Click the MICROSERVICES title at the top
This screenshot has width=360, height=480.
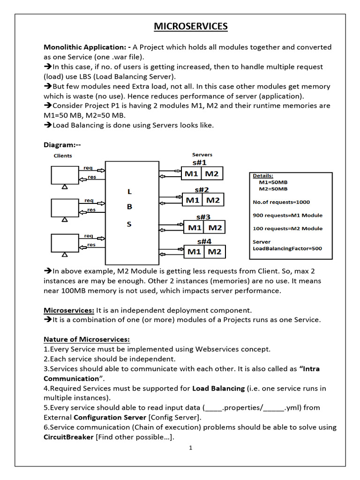(x=191, y=26)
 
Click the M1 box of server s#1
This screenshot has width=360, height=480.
(x=191, y=173)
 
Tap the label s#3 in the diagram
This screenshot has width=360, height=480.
(x=203, y=217)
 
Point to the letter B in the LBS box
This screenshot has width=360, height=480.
(x=129, y=206)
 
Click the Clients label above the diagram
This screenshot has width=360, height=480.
(x=63, y=156)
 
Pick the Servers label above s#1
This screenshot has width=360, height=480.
(x=202, y=154)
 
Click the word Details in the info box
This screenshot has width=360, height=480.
(x=262, y=175)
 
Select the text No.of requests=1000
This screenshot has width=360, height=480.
(x=281, y=202)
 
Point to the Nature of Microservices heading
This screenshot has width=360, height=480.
(x=87, y=339)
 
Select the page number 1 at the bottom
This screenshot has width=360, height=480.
(x=191, y=448)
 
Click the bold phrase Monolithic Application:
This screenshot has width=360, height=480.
(x=87, y=47)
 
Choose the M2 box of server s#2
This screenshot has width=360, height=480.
(x=213, y=200)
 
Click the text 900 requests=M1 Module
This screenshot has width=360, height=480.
(x=287, y=215)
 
